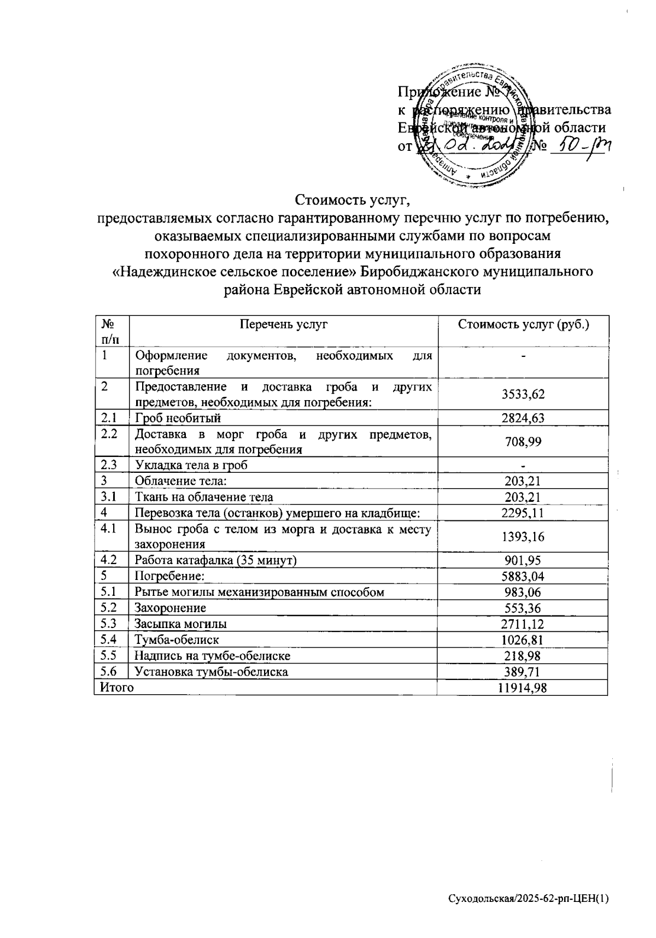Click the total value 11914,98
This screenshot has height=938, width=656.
522,688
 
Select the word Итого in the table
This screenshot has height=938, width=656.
115,688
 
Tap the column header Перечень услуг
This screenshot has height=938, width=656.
283,324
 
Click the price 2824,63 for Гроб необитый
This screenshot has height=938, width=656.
523,419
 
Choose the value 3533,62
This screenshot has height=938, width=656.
523,395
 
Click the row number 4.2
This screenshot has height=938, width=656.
109,560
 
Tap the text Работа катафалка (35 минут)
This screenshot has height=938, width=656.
216,560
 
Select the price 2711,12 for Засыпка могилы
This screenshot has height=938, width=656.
523,624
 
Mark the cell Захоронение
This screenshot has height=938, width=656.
171,608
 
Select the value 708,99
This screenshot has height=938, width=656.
523,442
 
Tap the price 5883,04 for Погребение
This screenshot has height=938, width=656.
523,576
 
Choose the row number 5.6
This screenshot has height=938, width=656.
109,671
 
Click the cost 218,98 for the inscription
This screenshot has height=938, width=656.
523,655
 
